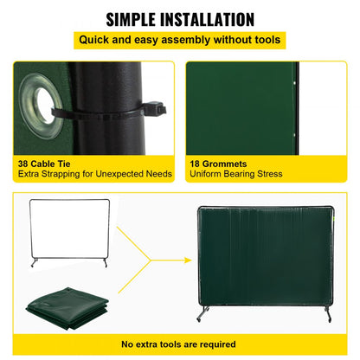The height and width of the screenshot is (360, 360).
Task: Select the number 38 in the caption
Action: (x=24, y=162)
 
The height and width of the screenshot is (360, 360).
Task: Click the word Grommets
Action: (x=226, y=162)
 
